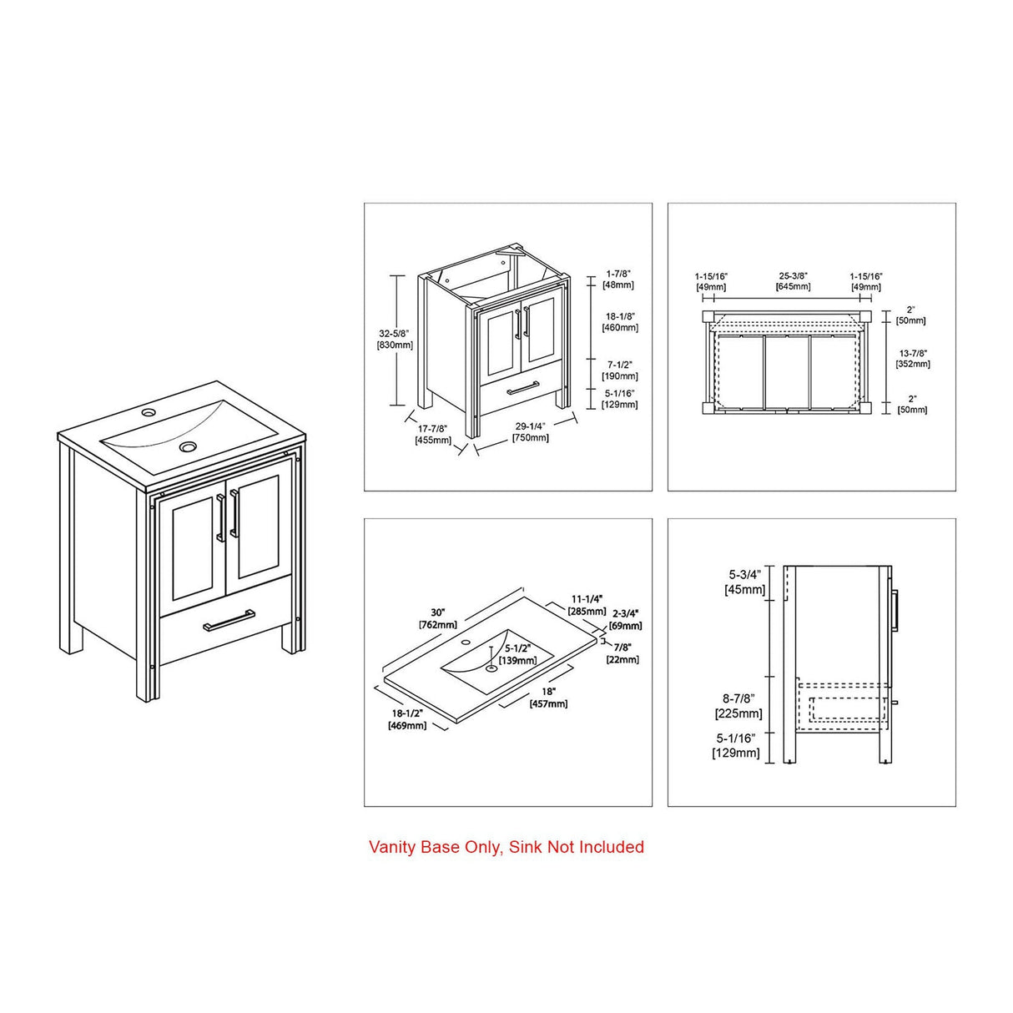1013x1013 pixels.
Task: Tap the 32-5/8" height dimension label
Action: click(394, 339)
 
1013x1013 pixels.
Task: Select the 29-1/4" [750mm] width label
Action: click(531, 432)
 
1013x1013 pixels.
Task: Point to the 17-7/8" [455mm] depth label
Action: click(433, 434)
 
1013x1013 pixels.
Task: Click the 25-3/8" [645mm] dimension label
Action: click(794, 281)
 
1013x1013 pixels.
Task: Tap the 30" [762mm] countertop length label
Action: click(438, 619)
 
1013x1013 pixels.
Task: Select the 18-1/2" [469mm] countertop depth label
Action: click(407, 719)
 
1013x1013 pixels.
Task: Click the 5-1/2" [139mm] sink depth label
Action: click(518, 654)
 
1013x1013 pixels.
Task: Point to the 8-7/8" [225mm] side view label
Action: click(738, 705)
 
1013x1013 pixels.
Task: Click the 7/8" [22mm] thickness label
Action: click(623, 653)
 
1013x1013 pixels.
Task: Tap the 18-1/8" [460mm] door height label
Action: click(620, 322)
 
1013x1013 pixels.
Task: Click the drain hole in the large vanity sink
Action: click(187, 446)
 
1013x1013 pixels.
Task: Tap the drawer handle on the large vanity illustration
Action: click(229, 620)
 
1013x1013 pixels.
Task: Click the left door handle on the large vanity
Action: click(221, 517)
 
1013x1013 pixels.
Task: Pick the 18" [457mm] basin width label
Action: click(548, 698)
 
